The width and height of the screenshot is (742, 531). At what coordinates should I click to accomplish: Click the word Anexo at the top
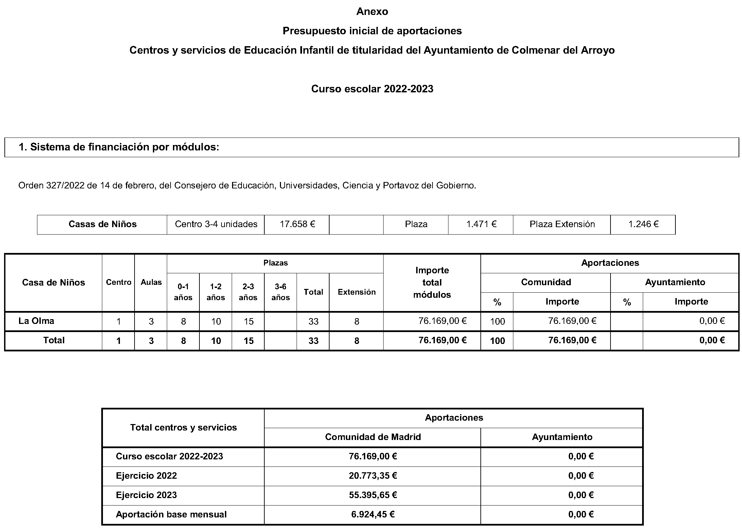pyautogui.click(x=372, y=12)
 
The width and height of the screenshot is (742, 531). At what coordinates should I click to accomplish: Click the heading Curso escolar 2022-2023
pyautogui.click(x=372, y=89)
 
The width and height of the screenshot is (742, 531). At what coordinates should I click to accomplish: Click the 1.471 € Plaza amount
pyautogui.click(x=481, y=224)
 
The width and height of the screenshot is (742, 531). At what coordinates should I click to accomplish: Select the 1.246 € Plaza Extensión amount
pyautogui.click(x=643, y=224)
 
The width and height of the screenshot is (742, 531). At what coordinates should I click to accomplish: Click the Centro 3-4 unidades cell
pyautogui.click(x=216, y=224)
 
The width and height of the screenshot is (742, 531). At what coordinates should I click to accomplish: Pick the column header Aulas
pyautogui.click(x=151, y=282)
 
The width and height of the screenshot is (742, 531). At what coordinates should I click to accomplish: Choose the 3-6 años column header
pyautogui.click(x=281, y=292)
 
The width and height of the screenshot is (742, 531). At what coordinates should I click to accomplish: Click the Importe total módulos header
pyautogui.click(x=432, y=282)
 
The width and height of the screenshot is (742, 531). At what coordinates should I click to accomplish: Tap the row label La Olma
pyautogui.click(x=36, y=321)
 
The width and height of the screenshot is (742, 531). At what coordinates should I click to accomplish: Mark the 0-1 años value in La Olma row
pyautogui.click(x=183, y=321)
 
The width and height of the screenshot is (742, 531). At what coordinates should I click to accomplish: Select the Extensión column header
pyautogui.click(x=356, y=292)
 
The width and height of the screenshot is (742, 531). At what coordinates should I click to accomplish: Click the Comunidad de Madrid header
pyautogui.click(x=373, y=437)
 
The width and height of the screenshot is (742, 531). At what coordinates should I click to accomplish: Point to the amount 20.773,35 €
pyautogui.click(x=373, y=476)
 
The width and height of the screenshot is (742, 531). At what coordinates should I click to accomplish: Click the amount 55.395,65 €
pyautogui.click(x=373, y=495)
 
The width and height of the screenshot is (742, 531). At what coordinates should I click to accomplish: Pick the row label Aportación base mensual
pyautogui.click(x=171, y=514)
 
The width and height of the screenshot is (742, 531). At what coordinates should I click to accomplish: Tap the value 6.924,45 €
pyautogui.click(x=373, y=514)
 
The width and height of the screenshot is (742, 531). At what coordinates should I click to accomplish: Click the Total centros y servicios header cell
pyautogui.click(x=183, y=427)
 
